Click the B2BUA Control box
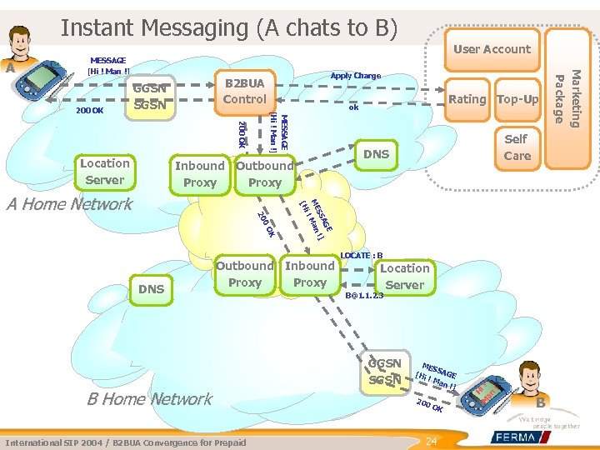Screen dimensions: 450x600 point(245,92)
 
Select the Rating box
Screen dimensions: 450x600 point(467,99)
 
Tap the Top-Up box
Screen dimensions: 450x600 point(517,99)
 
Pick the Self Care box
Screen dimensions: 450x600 point(517,147)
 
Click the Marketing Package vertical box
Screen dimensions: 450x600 point(567,98)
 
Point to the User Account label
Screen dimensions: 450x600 point(492,49)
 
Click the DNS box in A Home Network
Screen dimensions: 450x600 point(376,154)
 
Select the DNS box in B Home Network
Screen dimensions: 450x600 point(151,288)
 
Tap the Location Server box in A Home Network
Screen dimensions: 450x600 point(104,172)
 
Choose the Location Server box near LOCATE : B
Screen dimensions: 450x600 point(404,277)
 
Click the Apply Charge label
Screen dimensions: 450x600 point(355,76)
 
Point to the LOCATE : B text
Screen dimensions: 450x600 point(362,255)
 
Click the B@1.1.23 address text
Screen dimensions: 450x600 point(363,296)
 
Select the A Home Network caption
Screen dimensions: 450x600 point(69,204)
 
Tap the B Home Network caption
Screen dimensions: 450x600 point(149,399)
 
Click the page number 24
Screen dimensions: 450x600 point(431,440)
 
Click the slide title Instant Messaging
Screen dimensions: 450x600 point(228,27)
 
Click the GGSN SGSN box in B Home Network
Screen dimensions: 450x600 point(385,372)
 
